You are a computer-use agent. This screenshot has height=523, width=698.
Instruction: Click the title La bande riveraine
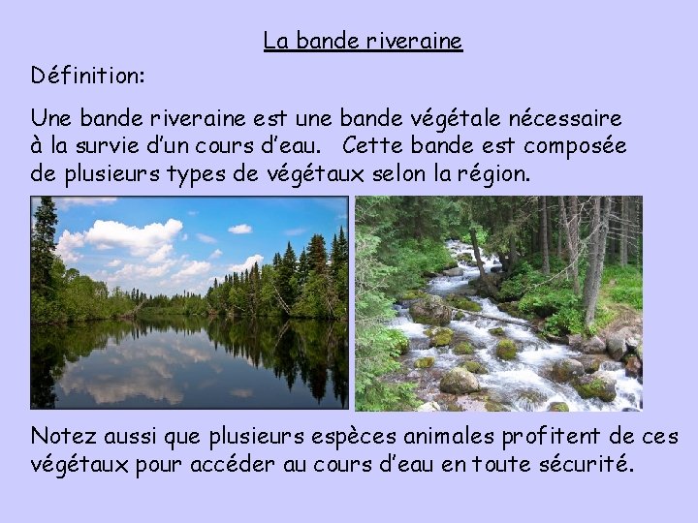pyautogui.click(x=363, y=42)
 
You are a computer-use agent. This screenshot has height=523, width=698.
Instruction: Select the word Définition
pyautogui.click(x=88, y=75)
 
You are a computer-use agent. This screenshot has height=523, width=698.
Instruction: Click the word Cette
pyautogui.click(x=372, y=146)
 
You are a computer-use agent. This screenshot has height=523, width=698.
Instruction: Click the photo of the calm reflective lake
pyautogui.click(x=189, y=303)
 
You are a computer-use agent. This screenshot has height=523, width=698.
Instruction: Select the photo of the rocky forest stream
pyautogui.click(x=498, y=303)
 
